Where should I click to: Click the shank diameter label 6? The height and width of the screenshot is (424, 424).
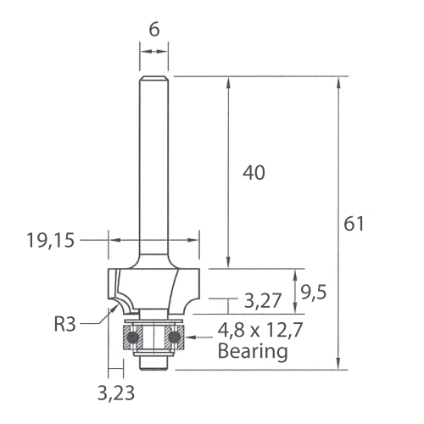154,30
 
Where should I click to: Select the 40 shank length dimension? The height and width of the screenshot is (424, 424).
254,173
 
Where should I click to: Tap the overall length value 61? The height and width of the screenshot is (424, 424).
354,224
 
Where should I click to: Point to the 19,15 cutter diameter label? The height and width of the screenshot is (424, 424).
50,241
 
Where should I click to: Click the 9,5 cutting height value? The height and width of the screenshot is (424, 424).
314,293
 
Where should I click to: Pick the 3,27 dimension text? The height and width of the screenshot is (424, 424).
263,301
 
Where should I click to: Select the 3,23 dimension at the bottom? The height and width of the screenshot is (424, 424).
116,393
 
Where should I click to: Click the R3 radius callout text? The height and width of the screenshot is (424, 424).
64,324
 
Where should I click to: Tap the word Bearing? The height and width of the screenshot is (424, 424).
253,351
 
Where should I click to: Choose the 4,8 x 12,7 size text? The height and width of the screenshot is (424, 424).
260,330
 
